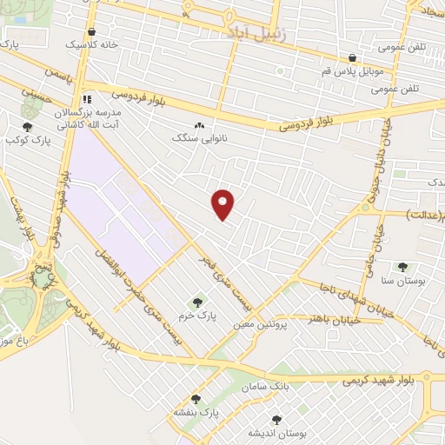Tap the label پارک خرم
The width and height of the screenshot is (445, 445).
point(196,317)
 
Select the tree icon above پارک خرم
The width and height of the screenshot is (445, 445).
point(197,302)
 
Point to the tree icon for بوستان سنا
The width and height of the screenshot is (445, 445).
point(402,267)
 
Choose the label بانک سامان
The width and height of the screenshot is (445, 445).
point(267,385)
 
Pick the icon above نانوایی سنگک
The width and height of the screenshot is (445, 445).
point(200,125)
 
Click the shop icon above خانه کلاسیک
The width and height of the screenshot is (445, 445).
point(91,31)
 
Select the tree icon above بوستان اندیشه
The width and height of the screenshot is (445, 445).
point(276,419)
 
